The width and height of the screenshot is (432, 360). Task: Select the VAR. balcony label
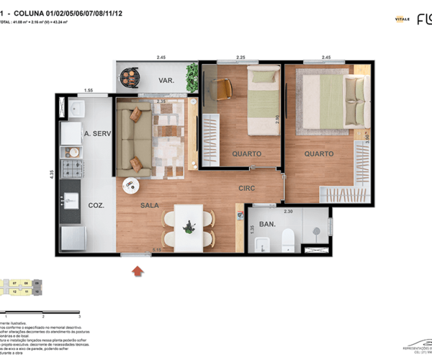tap(167, 81)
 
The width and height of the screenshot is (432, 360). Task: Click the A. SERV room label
tap(96, 134)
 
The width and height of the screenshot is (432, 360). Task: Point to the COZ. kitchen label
tap(97, 205)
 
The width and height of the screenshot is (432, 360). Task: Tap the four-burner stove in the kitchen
tap(72, 169)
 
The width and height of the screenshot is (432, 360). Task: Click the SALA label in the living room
tap(150, 206)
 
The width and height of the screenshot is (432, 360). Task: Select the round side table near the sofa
tap(131, 185)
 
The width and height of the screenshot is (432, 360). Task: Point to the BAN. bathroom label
tap(267, 225)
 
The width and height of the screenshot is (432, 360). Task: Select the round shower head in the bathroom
tap(317, 228)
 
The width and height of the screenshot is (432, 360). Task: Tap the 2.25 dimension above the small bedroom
tap(241, 58)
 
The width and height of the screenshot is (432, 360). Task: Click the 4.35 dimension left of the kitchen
tap(51, 174)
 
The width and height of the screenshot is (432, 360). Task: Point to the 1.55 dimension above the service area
tap(88, 90)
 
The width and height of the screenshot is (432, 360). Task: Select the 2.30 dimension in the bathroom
tap(288, 211)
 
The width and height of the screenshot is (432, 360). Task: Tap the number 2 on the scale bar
tap(43, 316)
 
